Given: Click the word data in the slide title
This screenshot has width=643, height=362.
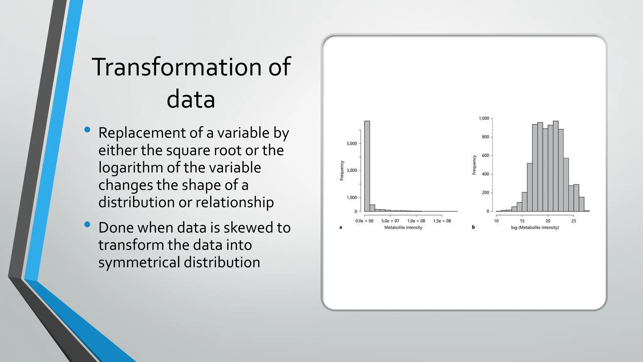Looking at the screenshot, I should pyautogui.click(x=191, y=100).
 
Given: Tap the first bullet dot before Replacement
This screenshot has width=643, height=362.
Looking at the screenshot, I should pyautogui.click(x=87, y=129).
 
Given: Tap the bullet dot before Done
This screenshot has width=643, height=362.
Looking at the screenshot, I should pyautogui.click(x=87, y=224).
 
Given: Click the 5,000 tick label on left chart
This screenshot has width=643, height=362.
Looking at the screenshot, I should pyautogui.click(x=352, y=144).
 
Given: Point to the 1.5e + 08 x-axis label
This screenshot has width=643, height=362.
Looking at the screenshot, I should pyautogui.click(x=442, y=221).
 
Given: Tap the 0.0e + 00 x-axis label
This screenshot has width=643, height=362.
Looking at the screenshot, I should pyautogui.click(x=364, y=221).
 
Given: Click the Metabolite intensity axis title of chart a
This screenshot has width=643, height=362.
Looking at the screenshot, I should pyautogui.click(x=403, y=228).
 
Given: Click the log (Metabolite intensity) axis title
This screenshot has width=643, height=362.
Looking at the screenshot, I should pyautogui.click(x=535, y=228).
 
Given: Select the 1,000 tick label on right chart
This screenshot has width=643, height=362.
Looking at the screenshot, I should pyautogui.click(x=484, y=118).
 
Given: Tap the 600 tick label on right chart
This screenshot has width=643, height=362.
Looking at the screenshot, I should pyautogui.click(x=485, y=156).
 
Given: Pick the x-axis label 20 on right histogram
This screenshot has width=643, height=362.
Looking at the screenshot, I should pyautogui.click(x=548, y=221).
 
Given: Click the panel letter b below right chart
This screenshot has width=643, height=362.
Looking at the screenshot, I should pyautogui.click(x=473, y=227).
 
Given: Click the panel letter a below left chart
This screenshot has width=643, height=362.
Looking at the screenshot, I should pyautogui.click(x=341, y=227).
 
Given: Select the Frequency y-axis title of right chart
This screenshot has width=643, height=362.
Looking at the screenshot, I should pyautogui.click(x=474, y=165).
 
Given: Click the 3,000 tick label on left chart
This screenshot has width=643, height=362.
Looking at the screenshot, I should pyautogui.click(x=352, y=171).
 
